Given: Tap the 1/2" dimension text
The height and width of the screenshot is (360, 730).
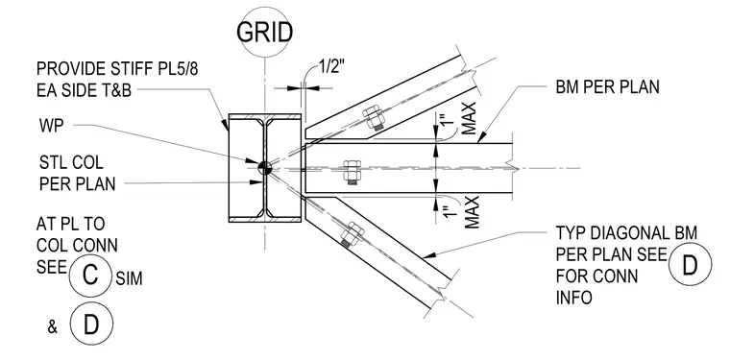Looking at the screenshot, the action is click(x=331, y=68).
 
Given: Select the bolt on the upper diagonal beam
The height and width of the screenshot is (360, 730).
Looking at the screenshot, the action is click(x=374, y=118).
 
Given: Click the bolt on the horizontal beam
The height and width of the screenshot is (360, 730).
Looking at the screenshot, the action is click(x=352, y=172).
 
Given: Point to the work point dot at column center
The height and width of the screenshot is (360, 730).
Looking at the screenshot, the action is click(x=264, y=168).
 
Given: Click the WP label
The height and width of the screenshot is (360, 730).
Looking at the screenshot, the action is click(x=51, y=126).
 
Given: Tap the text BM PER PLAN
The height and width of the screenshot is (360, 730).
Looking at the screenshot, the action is click(x=608, y=87).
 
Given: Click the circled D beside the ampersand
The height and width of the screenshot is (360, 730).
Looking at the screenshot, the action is click(x=91, y=324).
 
